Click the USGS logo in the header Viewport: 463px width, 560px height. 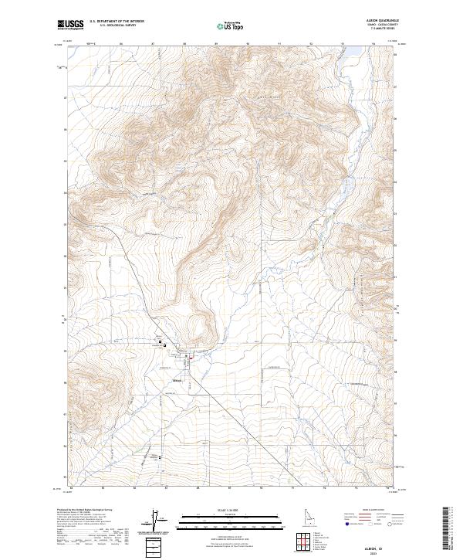click(x=70, y=25)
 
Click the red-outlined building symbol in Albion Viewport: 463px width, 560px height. click(x=187, y=356)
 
